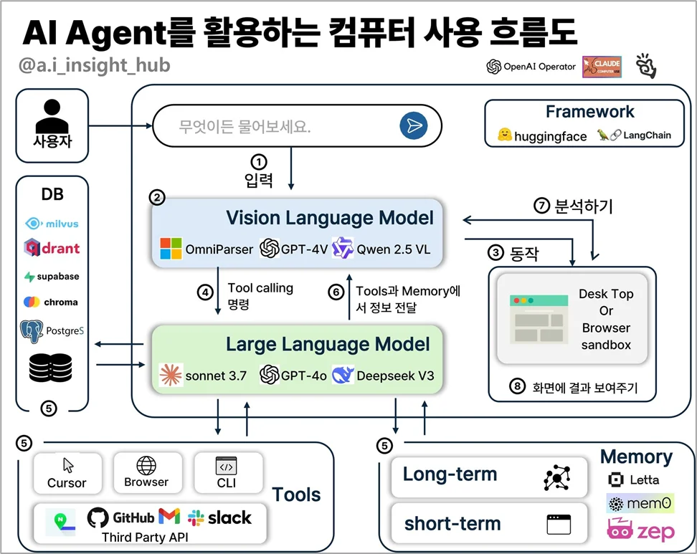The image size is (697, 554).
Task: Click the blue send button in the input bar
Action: pos(413,126)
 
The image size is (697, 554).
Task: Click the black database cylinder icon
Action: pos(51,367)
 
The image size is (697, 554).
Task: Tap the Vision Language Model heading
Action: pos(329,218)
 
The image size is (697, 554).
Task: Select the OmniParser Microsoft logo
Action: pos(170,249)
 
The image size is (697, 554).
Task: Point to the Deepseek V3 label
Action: pos(395,376)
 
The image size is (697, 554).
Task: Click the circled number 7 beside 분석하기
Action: pos(542,206)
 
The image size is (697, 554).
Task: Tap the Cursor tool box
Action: pos(67,472)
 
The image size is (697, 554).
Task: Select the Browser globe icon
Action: pos(146,466)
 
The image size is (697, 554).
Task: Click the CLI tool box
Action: pos(226,472)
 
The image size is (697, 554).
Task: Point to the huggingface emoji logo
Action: pos(505,135)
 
